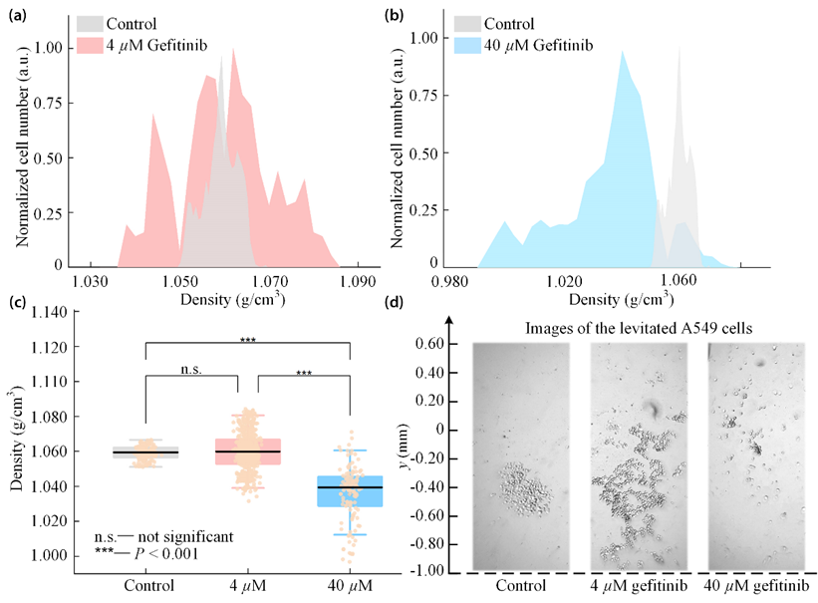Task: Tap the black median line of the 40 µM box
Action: [350, 487]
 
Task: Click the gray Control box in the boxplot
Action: [145, 452]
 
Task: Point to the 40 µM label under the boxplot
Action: [350, 583]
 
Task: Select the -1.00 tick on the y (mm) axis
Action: [429, 572]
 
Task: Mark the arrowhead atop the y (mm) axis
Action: [450, 320]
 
